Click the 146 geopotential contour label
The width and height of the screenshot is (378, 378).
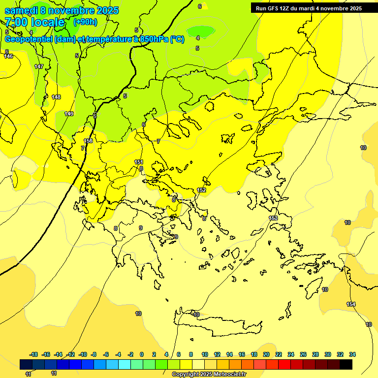click(x=8, y=56)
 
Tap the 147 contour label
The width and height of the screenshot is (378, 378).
click(x=39, y=66)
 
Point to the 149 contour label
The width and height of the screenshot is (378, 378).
click(x=69, y=114)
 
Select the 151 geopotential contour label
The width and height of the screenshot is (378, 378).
click(x=139, y=162)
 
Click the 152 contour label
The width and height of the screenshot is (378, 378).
click(x=201, y=190)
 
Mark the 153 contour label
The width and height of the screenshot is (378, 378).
click(x=273, y=218)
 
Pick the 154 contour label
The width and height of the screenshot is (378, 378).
click(x=351, y=304)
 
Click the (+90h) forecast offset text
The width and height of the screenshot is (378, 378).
click(x=85, y=22)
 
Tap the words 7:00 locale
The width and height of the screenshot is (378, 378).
click(x=34, y=22)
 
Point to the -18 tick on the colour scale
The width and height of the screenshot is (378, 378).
click(x=33, y=354)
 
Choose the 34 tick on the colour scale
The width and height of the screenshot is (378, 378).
click(x=352, y=354)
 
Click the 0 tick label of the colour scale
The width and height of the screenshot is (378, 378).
click(x=142, y=354)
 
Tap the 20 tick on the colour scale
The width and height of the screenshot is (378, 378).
click(x=266, y=354)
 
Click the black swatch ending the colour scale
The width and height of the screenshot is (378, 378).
click(x=346, y=364)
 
